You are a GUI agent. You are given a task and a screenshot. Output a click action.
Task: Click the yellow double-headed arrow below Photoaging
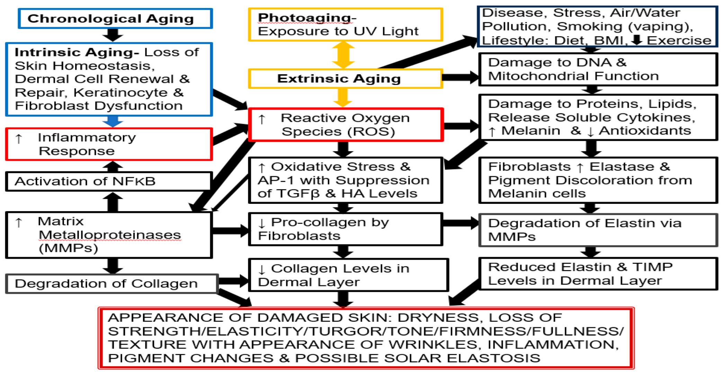[x=343, y=55]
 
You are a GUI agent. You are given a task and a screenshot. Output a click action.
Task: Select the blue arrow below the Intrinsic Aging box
[x=113, y=121]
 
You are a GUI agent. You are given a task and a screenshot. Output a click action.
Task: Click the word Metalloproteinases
[x=109, y=235]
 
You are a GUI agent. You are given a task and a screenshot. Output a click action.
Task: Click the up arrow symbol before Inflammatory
[x=19, y=139]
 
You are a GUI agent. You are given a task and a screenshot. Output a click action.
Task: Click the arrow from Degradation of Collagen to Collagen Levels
[x=233, y=281]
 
